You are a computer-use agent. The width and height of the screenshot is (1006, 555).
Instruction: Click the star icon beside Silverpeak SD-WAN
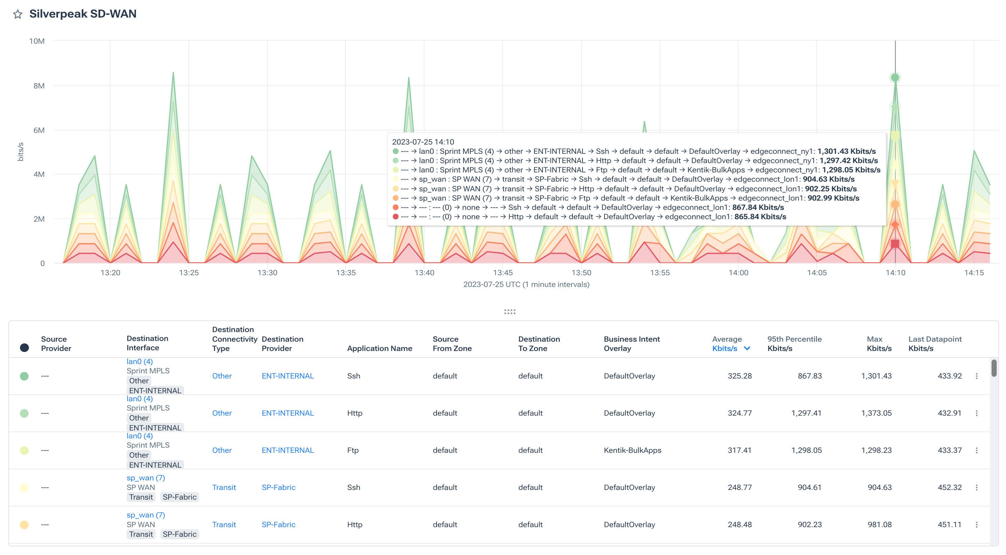[18, 14]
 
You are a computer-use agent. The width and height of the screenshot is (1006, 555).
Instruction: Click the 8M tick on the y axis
[39, 86]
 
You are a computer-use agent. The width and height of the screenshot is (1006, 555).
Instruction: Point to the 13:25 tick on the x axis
[189, 273]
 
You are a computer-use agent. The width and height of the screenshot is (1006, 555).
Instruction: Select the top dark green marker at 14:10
[895, 77]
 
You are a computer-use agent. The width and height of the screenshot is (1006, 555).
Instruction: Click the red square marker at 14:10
[895, 244]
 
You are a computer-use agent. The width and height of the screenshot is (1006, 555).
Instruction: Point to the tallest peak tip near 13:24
[173, 73]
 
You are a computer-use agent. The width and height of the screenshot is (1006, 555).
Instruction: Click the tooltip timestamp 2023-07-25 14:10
[423, 142]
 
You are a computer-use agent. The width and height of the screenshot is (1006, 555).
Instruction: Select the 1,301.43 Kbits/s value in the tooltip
[846, 151]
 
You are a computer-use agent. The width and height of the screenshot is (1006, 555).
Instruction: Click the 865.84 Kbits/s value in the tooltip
[760, 217]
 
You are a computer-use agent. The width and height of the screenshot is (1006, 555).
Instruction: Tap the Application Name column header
[379, 349]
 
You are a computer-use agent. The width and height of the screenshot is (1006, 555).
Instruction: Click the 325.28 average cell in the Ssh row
[739, 376]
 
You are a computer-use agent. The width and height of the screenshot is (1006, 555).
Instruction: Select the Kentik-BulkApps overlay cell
[632, 450]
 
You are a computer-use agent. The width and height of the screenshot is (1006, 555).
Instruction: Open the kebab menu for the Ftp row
[976, 450]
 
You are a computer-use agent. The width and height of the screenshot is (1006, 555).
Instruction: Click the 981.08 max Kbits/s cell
[879, 524]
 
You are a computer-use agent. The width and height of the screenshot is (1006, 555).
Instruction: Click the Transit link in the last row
[224, 524]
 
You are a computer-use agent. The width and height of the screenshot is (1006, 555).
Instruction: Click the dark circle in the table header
[24, 348]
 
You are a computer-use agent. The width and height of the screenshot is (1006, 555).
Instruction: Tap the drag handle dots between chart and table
[510, 312]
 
